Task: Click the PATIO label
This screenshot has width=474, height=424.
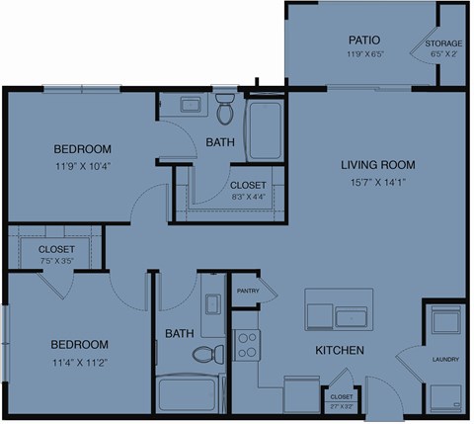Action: click(357, 41)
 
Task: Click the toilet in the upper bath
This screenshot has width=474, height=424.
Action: click(225, 111)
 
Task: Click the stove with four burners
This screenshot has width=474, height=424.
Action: click(249, 346)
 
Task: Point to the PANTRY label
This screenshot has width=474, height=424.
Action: click(247, 291)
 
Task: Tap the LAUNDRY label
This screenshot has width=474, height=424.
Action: click(444, 360)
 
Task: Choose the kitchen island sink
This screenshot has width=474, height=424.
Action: click(352, 316)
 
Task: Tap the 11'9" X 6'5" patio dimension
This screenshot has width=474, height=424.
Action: click(357, 54)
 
